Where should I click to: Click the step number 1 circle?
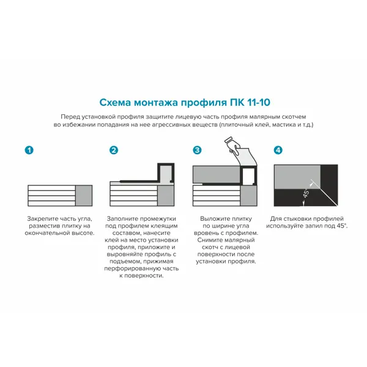pos(29,150)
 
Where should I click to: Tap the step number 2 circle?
pos(114,150)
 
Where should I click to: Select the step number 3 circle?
pos(197,150)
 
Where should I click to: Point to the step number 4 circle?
pos(278,150)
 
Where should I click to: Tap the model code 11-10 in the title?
pos(258,103)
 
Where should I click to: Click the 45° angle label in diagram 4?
pos(306,193)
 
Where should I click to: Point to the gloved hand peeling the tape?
pos(233,146)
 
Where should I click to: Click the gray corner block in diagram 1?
pos(84,196)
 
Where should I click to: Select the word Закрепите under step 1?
pos(42,219)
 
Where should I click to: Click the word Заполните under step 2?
pos(122,219)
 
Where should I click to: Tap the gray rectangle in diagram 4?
pos(297,177)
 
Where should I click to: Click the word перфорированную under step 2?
pos(130,269)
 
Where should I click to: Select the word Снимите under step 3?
pos(210,240)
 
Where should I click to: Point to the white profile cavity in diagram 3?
pos(248,176)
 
